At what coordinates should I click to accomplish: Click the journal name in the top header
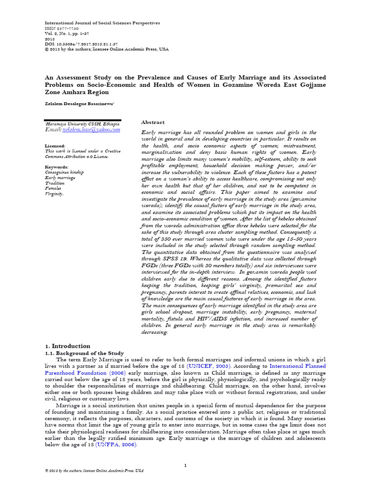[x=102, y=23]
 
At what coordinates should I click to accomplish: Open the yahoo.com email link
[x=89, y=130]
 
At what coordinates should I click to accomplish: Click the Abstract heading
[x=153, y=123]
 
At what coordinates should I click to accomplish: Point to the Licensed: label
[x=55, y=146]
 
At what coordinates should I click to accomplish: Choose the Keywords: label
[x=56, y=167]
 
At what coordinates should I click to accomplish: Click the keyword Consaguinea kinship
[x=64, y=173]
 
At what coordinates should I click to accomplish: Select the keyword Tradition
[x=54, y=183]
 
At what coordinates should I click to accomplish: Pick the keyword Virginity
[x=54, y=194]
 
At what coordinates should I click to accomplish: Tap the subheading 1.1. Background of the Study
[x=85, y=353]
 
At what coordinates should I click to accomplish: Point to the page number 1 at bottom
[x=185, y=465]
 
